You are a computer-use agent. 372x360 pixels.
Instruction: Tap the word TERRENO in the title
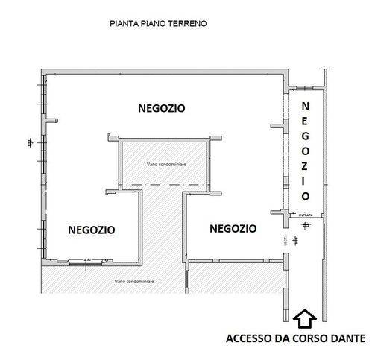point(188,24)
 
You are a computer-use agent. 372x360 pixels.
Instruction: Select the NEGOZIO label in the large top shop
point(162,108)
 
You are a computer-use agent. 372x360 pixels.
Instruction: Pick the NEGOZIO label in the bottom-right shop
point(233,228)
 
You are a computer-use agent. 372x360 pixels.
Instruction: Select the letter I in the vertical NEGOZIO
point(305,180)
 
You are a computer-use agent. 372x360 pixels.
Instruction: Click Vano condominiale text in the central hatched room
point(166,164)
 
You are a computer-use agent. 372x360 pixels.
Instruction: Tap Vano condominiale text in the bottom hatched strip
point(135,281)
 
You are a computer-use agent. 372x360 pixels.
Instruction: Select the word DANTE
point(345,338)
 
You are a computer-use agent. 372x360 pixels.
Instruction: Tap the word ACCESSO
point(250,338)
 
